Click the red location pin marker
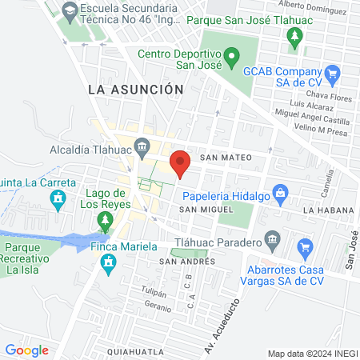point(181,162)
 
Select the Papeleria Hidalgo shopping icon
point(279,192)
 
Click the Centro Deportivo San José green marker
point(232,58)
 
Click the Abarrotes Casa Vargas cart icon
point(303,247)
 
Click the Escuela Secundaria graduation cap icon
point(70,10)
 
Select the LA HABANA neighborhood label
point(328,210)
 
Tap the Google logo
point(26,350)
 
